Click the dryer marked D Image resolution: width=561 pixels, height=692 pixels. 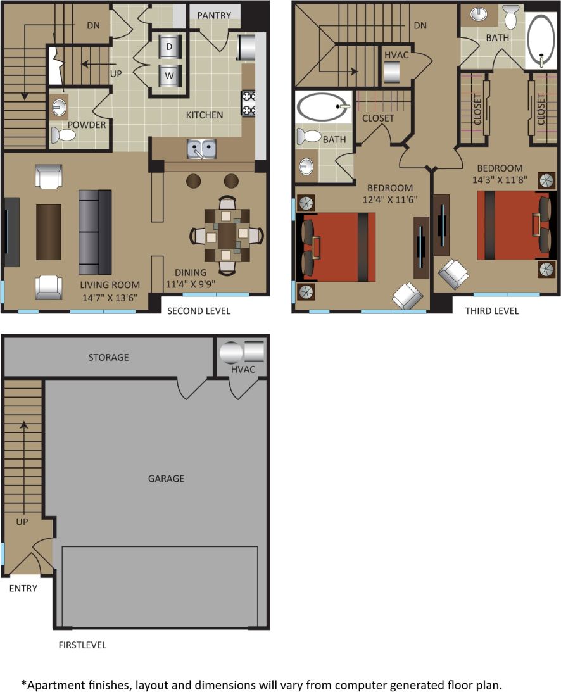[x=169, y=47]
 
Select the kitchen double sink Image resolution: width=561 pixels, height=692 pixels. [x=201, y=149]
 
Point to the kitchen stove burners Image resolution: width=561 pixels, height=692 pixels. [x=248, y=104]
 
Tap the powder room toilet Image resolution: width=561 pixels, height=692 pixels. [x=63, y=135]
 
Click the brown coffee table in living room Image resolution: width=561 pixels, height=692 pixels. [x=49, y=231]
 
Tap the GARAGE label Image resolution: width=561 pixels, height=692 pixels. [x=166, y=479]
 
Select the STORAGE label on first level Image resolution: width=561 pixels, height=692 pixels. [x=108, y=357]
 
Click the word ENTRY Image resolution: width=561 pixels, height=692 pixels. [x=23, y=588]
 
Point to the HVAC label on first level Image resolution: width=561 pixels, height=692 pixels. [x=243, y=369]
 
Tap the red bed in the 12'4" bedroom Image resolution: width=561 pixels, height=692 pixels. [x=339, y=247]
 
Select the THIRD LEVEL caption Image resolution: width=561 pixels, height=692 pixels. [x=492, y=311]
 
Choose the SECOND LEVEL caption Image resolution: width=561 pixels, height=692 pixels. [x=198, y=311]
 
